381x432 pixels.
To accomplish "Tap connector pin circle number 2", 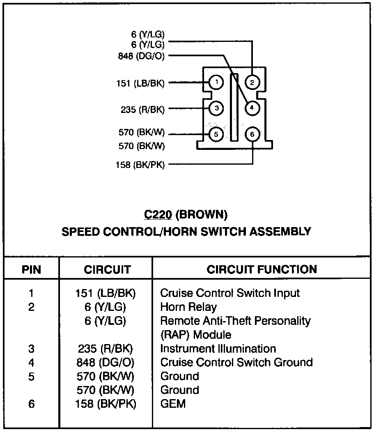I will pyautogui.click(x=252, y=83).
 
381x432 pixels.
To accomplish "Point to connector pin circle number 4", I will pyautogui.click(x=252, y=108).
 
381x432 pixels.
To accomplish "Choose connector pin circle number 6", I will pyautogui.click(x=252, y=134).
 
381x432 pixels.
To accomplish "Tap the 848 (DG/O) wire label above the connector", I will pyautogui.click(x=141, y=56).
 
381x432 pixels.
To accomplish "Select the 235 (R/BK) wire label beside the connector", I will pyautogui.click(x=142, y=109).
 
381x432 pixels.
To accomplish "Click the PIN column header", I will pyautogui.click(x=32, y=270).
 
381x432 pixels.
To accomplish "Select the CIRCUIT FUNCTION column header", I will pyautogui.click(x=262, y=269).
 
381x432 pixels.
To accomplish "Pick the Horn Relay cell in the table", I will pyautogui.click(x=188, y=307).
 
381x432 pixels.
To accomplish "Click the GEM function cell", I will pyautogui.click(x=173, y=404).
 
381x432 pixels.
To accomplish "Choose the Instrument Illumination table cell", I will pyautogui.click(x=218, y=349).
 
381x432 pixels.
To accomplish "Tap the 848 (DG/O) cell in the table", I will pyautogui.click(x=106, y=363).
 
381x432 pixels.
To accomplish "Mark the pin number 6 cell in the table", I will pyautogui.click(x=32, y=404).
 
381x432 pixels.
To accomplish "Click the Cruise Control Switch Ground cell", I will pyautogui.click(x=236, y=363).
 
